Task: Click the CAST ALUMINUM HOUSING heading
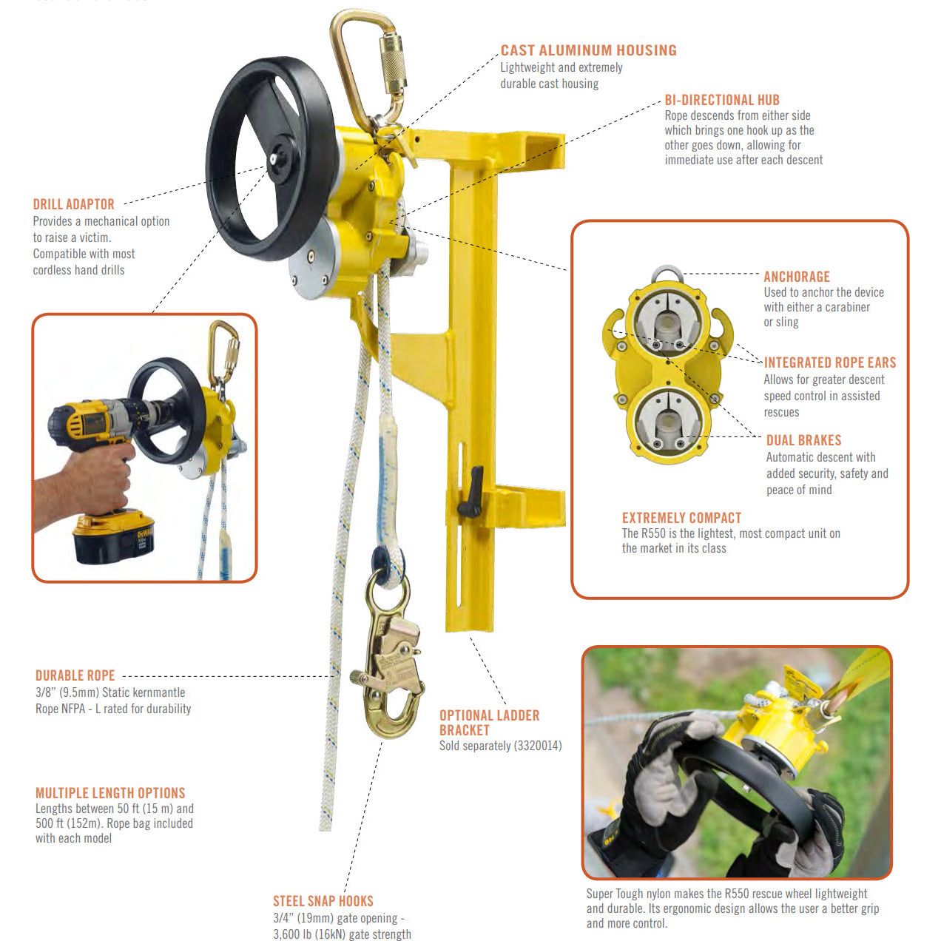588,50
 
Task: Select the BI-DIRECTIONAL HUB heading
721,100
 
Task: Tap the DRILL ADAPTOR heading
73,204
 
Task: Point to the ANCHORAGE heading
796,277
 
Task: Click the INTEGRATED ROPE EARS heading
829,362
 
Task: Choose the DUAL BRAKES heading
803,440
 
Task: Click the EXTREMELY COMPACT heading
681,518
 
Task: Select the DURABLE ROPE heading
75,675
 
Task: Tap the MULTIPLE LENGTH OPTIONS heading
110,793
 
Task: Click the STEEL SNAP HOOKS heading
323,901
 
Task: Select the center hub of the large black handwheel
274,158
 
